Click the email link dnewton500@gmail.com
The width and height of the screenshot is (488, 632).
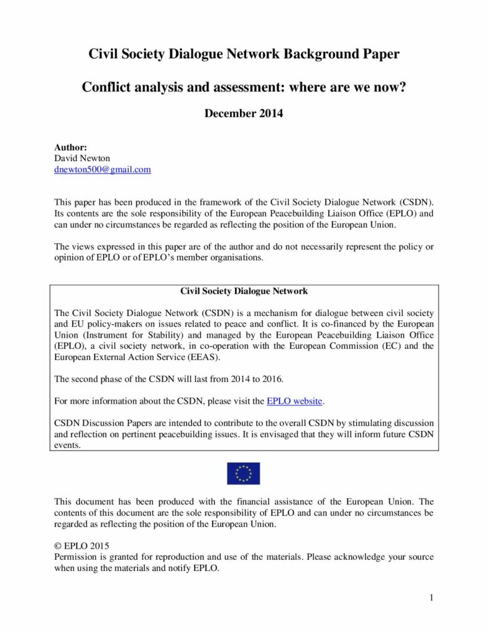(102, 169)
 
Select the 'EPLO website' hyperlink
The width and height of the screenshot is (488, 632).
(294, 401)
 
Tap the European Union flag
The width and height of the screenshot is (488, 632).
(244, 473)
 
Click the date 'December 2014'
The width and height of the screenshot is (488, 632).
(244, 114)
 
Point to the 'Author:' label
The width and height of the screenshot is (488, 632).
(71, 148)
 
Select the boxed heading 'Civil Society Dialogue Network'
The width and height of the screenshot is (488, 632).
(244, 291)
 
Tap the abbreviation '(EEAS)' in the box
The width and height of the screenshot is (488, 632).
(203, 357)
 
